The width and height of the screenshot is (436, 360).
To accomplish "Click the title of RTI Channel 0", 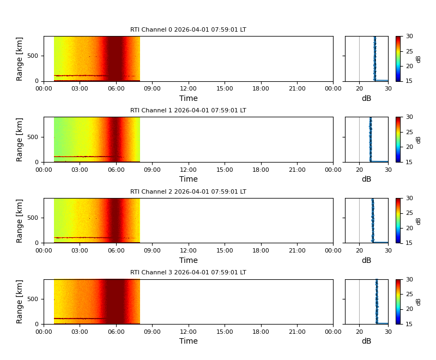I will (188, 30).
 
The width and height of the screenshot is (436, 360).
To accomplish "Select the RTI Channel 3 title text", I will (188, 273).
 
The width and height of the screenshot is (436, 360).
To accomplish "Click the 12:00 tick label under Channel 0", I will (188, 88).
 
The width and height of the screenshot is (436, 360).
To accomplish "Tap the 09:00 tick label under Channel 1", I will (152, 169).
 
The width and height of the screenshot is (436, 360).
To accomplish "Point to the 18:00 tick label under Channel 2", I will (261, 250).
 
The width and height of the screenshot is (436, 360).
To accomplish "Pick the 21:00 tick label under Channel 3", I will (297, 331).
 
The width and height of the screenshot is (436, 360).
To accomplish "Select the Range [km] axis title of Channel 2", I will (20, 220).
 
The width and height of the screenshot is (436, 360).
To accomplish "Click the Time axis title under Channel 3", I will (189, 341).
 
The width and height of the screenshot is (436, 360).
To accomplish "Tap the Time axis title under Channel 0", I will (189, 99).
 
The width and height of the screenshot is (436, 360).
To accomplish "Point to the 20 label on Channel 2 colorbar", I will (409, 228).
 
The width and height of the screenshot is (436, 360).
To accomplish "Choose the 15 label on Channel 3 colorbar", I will (409, 324).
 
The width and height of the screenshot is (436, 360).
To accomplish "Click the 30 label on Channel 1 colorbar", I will (409, 117).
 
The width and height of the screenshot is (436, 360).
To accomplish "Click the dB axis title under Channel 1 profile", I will (366, 179).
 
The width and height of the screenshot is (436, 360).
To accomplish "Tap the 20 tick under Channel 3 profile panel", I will (359, 331).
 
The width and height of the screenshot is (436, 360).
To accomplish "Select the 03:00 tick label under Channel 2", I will (80, 250).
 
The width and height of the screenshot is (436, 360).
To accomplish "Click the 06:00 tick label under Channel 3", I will (116, 331).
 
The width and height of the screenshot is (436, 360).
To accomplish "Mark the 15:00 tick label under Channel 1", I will (225, 169).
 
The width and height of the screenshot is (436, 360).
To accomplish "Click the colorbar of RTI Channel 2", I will (398, 220).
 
